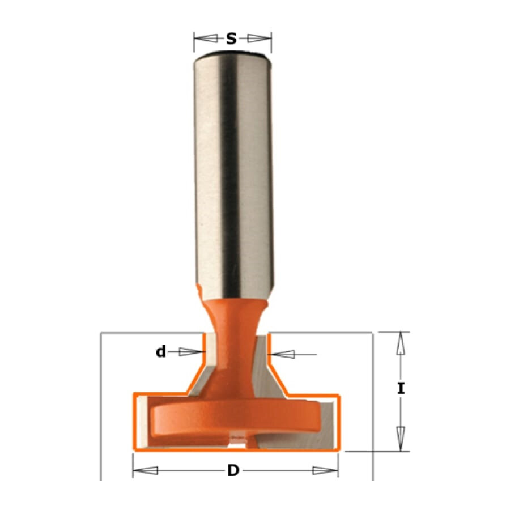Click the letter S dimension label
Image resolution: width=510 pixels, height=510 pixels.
[231, 39]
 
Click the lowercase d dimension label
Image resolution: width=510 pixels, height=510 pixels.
[161, 351]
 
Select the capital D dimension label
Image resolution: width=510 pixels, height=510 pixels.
[233, 470]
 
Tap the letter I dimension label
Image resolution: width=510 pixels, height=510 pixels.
[401, 389]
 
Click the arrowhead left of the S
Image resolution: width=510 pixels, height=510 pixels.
[206, 39]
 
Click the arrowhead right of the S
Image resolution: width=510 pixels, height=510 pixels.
[259, 39]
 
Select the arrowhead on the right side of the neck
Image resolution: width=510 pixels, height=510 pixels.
[281, 354]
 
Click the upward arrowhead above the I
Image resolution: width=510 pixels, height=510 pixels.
[401, 343]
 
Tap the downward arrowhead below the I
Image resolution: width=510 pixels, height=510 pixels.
[401, 439]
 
